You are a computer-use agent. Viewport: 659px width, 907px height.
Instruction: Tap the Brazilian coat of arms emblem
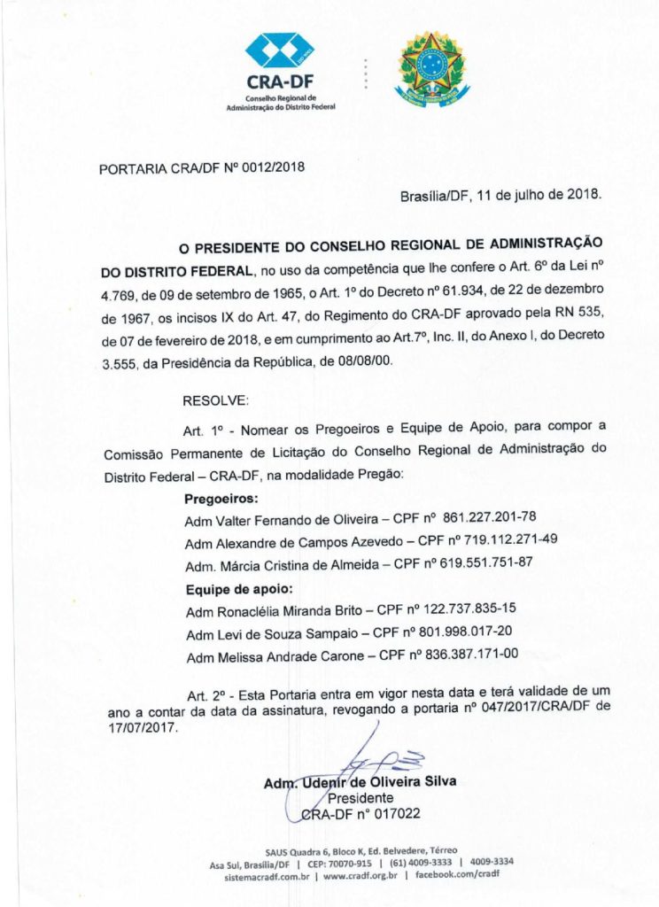pyautogui.click(x=432, y=67)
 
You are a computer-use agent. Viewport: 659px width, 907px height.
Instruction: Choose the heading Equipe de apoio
pyautogui.click(x=239, y=588)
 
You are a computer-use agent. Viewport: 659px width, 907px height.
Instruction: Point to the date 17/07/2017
pyautogui.click(x=143, y=728)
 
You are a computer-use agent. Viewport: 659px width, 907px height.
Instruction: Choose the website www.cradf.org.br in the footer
pyautogui.click(x=359, y=875)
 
